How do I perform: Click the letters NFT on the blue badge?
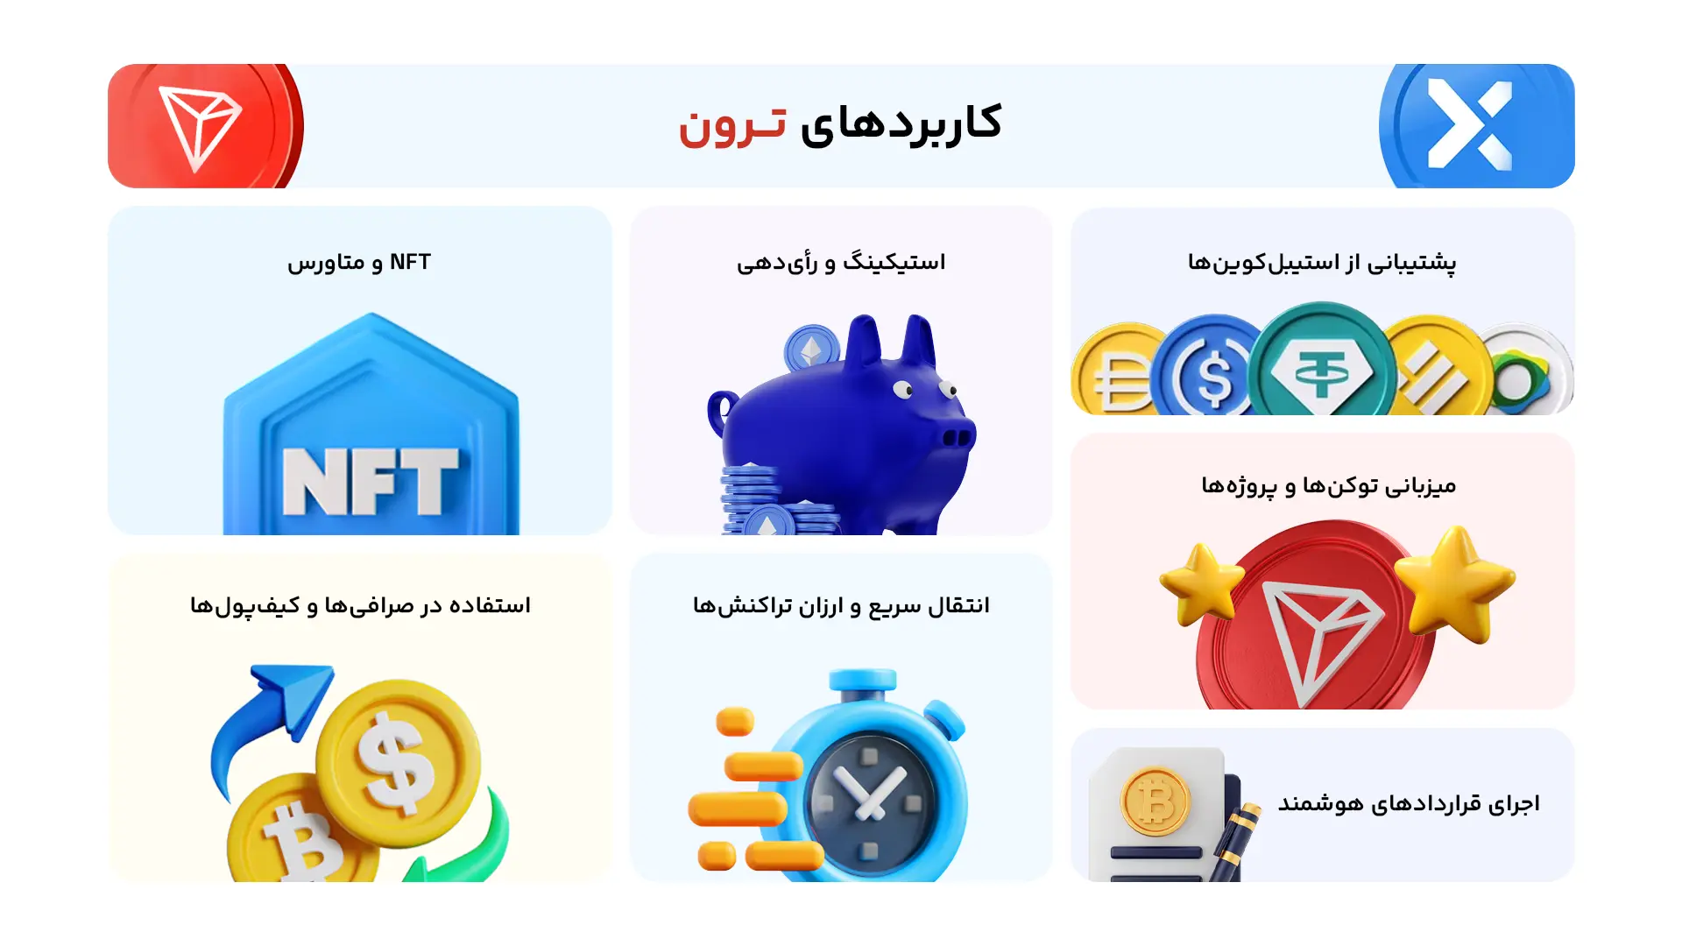pos(371,481)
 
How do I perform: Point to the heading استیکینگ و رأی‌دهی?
pos(841,262)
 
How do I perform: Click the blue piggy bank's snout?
pos(958,435)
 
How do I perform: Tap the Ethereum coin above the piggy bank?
pos(811,350)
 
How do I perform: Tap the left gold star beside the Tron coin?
pos(1201,582)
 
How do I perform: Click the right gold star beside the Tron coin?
pos(1454,582)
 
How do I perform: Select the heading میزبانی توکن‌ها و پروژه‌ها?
pos(1328,485)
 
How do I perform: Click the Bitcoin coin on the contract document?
pos(1155,801)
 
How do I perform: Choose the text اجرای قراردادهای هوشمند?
pos(1408,803)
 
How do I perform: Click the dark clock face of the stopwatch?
pos(871,797)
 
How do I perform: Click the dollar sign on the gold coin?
pos(399,760)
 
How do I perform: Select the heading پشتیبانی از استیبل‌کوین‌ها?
pos(1321,262)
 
